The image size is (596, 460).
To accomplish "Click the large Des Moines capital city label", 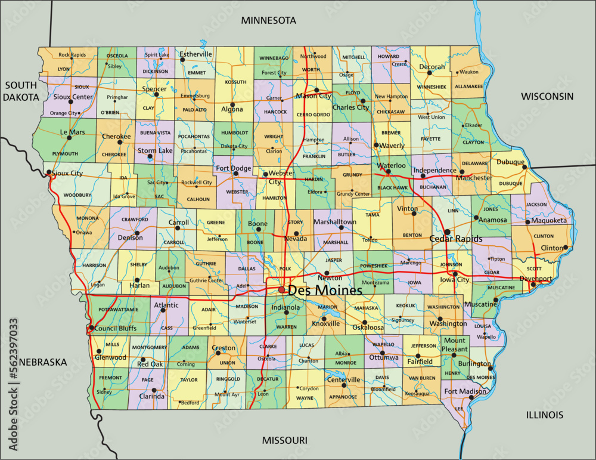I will tap(325, 291).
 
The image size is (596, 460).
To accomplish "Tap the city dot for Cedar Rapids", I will tap(447, 231).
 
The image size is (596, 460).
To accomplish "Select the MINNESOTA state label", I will tap(268, 20).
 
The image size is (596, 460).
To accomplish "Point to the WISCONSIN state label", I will tap(547, 96).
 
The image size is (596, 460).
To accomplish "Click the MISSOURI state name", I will tap(285, 440).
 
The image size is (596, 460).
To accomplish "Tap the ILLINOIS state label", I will tap(545, 415).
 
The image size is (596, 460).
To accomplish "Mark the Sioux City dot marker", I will tap(49, 172).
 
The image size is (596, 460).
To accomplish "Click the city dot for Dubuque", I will tap(524, 168).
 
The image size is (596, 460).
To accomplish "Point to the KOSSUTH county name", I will tap(235, 82).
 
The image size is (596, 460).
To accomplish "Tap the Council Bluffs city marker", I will tap(91, 328).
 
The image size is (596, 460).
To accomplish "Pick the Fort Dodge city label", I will tap(233, 168).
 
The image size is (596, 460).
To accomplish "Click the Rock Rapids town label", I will tap(72, 55).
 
